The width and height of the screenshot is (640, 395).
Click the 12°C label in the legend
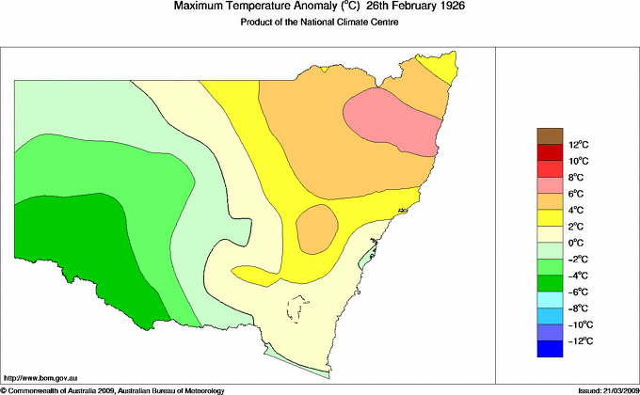coord(578,145)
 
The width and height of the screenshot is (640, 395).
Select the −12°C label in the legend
coord(578,340)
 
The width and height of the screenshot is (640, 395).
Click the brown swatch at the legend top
coord(550,136)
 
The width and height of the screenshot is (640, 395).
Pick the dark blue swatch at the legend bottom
coord(550,349)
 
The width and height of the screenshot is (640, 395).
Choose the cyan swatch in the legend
coord(550,300)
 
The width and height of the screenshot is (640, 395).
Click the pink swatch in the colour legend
coord(550,185)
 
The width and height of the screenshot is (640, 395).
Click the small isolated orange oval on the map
coord(317,227)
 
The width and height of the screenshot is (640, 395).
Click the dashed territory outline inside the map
coord(299,310)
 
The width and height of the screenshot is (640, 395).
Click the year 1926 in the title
coord(447,7)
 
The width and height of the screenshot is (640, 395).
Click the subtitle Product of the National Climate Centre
coord(320,23)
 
